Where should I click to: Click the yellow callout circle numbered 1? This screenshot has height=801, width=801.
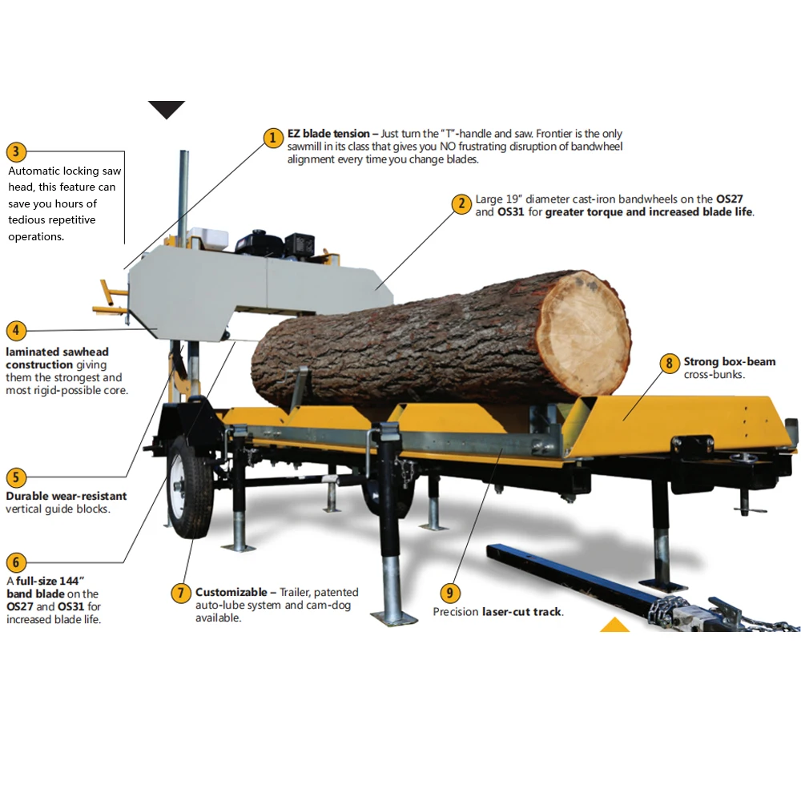273,138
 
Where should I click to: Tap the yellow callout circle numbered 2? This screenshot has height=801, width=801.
461,203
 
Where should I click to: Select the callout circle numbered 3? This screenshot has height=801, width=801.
16,152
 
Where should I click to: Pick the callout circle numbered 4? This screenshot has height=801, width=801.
16,330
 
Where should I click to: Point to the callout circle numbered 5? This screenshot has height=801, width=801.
16,477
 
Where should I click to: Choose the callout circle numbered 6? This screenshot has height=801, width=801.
16,562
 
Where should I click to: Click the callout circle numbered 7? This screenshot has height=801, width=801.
181,593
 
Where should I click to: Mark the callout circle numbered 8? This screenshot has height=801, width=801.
669,363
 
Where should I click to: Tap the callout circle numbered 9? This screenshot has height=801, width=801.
450,593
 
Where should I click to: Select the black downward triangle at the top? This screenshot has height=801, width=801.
167,110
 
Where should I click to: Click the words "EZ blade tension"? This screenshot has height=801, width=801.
328,134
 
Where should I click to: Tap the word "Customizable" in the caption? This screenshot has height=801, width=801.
231,592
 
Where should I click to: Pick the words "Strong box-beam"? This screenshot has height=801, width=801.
729,362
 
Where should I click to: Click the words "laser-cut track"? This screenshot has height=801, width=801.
521,612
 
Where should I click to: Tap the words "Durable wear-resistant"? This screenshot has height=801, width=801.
66,496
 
